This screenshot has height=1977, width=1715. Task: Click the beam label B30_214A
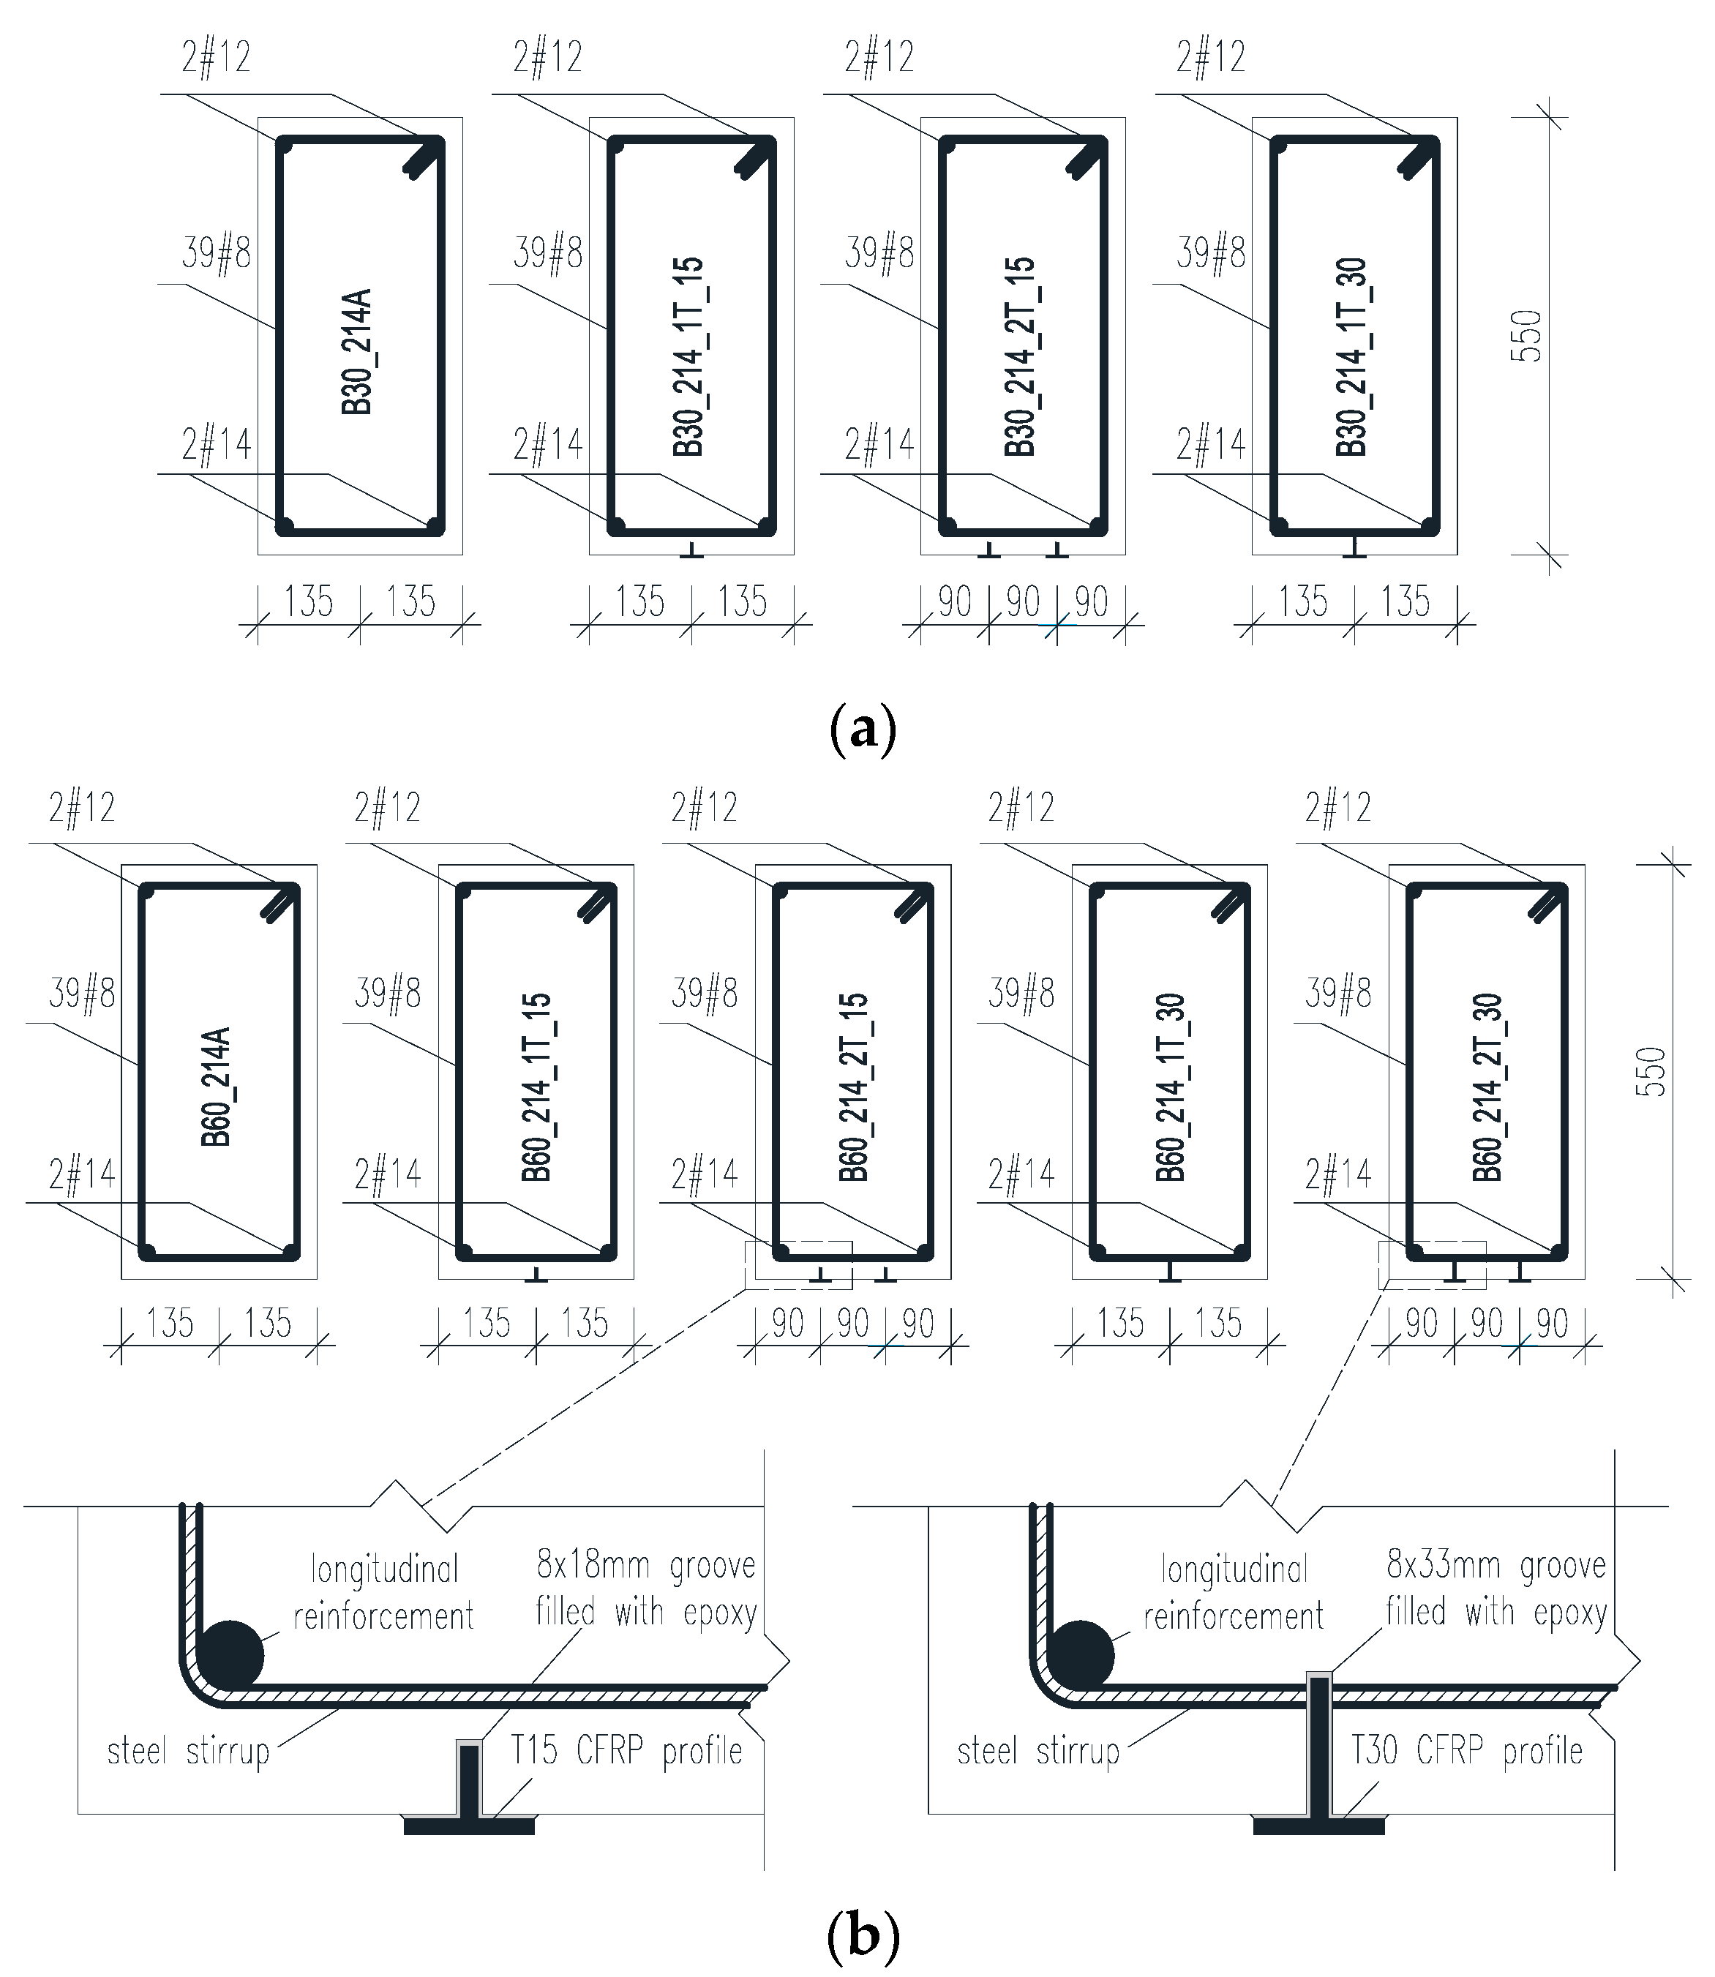357,351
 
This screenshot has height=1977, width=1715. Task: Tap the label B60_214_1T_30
1171,1087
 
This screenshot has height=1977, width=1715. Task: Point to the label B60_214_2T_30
1488,1087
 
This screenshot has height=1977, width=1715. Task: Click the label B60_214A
217,1087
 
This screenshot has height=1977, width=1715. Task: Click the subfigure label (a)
863,730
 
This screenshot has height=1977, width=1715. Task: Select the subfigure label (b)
863,1935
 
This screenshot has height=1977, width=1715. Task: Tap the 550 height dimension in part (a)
1528,336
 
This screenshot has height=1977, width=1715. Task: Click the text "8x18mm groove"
646,1566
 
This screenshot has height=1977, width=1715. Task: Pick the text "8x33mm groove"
1496,1566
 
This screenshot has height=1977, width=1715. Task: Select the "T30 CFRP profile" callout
1466,1751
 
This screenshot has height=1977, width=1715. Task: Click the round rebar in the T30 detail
1081,1654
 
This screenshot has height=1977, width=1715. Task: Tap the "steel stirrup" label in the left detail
189,1752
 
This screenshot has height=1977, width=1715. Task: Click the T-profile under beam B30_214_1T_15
691,550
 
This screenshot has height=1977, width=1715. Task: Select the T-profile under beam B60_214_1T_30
1169,1272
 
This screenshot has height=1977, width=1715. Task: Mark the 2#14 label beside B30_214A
217,445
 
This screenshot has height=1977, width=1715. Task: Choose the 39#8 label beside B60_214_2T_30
1338,994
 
